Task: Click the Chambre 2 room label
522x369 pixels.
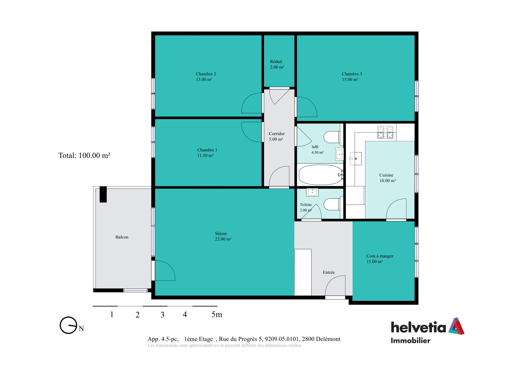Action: [206, 76]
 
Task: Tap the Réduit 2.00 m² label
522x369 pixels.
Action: [277, 64]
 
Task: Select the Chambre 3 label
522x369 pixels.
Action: [352, 76]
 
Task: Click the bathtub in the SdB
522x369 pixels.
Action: [321, 175]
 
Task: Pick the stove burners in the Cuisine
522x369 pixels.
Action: [385, 132]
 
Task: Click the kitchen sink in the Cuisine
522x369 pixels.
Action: [355, 159]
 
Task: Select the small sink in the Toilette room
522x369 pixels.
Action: [312, 192]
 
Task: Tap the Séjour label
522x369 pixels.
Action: [223, 236]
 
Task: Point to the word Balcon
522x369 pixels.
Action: [122, 237]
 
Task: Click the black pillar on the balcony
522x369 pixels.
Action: [103, 194]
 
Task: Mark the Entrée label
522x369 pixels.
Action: [329, 272]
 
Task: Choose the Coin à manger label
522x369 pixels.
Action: [380, 259]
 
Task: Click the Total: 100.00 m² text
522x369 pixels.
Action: [84, 155]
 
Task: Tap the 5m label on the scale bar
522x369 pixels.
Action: [217, 315]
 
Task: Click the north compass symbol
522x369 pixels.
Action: [68, 325]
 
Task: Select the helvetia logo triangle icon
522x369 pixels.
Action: [456, 326]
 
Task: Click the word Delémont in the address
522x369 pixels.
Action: [328, 339]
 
